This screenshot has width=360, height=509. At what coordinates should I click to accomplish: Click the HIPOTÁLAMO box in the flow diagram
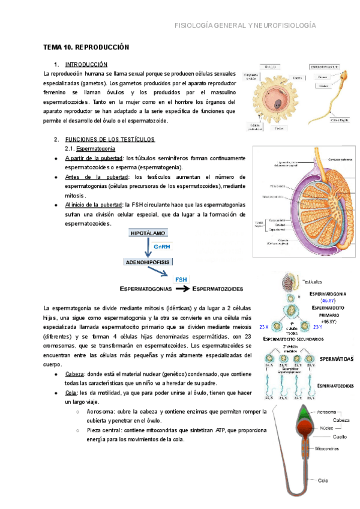(x=147, y=233)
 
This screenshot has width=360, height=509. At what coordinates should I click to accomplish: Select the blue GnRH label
(x=163, y=247)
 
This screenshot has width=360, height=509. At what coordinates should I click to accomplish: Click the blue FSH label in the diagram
(x=181, y=279)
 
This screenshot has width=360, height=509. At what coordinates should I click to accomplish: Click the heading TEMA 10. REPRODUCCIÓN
(x=86, y=47)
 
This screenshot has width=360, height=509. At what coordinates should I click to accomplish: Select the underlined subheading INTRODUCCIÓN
(x=86, y=64)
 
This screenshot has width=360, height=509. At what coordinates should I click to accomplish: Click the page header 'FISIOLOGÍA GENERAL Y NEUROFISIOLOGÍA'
(x=244, y=26)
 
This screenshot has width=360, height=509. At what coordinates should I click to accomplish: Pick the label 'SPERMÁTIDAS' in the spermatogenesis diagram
(x=336, y=358)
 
